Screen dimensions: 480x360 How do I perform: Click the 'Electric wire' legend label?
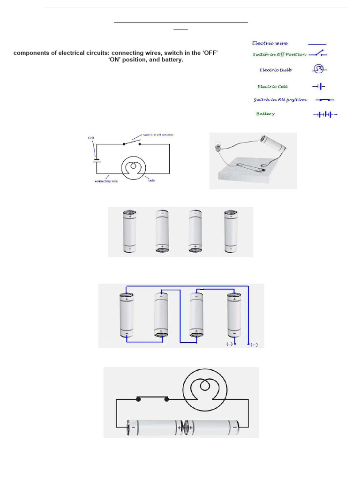point(270,43)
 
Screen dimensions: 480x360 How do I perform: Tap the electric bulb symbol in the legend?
point(319,69)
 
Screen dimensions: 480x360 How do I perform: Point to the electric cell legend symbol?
point(319,86)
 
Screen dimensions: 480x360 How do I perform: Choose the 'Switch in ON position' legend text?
point(280,100)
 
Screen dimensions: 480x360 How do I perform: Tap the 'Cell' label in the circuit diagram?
point(91,138)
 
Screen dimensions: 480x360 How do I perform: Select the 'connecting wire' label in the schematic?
point(106,181)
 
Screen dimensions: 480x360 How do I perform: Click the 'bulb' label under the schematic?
point(151,180)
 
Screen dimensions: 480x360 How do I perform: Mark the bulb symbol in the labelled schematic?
point(134,167)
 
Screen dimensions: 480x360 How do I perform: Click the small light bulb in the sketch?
point(217,146)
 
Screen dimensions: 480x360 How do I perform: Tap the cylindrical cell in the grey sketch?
point(272,142)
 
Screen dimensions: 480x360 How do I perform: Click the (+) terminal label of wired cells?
point(254,345)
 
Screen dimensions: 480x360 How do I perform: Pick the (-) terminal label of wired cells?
point(229,344)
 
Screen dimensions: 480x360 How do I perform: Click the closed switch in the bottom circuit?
point(152,399)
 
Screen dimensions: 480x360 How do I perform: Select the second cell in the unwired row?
point(162,232)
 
